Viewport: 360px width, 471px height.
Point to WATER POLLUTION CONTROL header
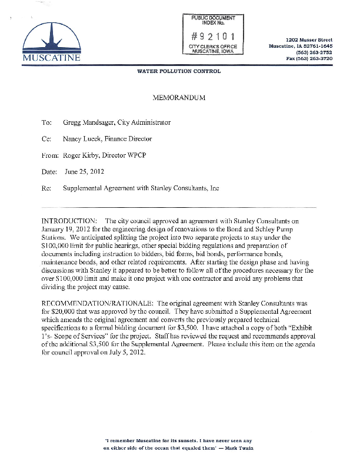[x=179, y=72]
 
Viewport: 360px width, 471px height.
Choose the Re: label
[x=46, y=188]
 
